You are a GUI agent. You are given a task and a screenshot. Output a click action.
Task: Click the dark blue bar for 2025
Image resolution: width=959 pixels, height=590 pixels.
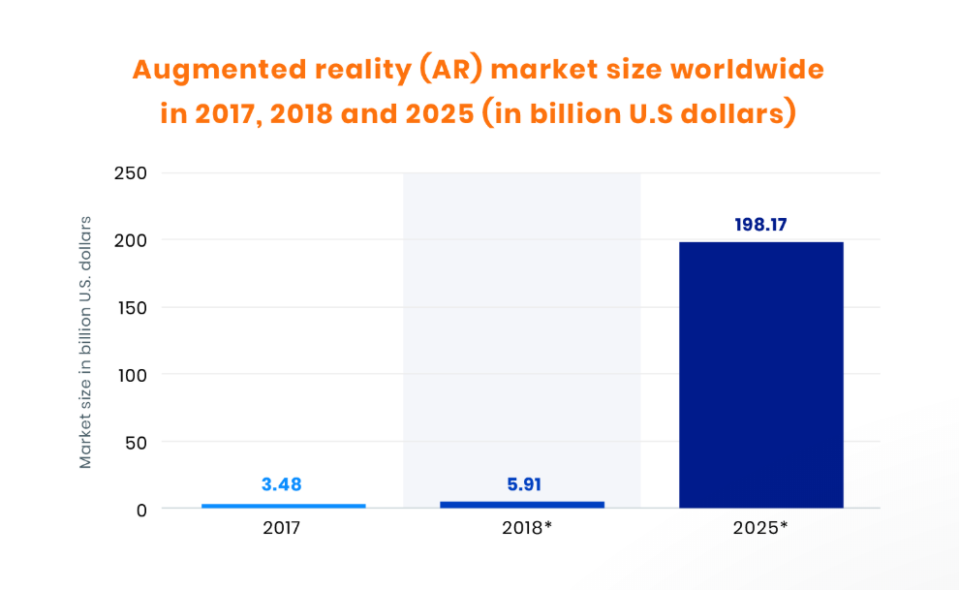[760, 374]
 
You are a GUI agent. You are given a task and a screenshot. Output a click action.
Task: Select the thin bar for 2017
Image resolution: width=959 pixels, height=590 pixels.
[283, 505]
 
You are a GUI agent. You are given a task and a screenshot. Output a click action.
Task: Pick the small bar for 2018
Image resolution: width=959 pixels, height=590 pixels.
[521, 504]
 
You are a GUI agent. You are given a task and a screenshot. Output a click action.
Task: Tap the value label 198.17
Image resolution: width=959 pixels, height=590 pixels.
[760, 225]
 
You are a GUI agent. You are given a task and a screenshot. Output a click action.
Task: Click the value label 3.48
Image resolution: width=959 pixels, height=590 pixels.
[283, 483]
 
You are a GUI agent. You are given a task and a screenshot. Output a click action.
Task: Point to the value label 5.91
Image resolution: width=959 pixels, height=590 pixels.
[523, 483]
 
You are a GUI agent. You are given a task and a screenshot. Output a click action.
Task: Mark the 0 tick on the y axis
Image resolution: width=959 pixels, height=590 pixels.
[140, 510]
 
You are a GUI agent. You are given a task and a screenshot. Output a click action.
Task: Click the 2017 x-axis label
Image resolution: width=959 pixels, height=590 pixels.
[282, 529]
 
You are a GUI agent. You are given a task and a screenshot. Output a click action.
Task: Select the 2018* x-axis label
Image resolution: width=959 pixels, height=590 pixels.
[524, 529]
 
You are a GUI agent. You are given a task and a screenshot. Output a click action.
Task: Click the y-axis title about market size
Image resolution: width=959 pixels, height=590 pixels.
[86, 342]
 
